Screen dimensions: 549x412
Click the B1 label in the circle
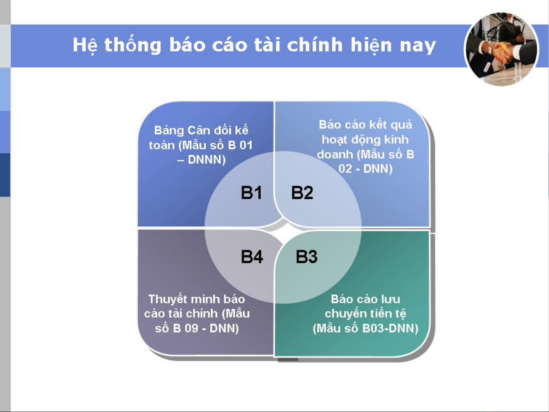(251, 192)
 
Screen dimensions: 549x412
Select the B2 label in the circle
(302, 192)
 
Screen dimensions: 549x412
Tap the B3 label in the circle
(307, 256)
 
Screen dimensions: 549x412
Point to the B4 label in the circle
(252, 256)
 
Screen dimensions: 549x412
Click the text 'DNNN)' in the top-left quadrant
(206, 160)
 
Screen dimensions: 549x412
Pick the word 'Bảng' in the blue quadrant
(169, 131)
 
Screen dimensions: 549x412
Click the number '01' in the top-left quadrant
(246, 145)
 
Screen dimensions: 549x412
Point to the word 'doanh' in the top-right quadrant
(335, 154)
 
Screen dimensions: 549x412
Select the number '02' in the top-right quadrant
(346, 168)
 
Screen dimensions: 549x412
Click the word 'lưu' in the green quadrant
(391, 300)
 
